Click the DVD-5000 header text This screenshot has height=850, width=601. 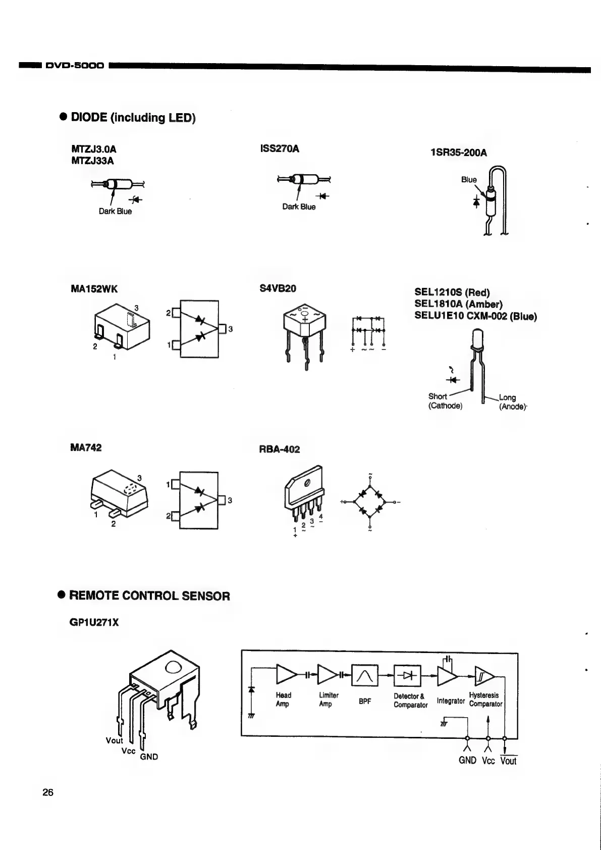74,66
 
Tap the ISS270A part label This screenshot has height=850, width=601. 279,149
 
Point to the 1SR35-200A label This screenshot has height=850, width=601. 459,153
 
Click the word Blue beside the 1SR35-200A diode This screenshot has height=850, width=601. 468,179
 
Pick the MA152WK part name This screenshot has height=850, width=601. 94,289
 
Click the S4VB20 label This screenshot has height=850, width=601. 278,288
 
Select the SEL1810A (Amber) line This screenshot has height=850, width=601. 458,304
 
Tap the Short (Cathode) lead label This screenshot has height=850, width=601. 445,401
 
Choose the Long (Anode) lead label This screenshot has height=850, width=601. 512,402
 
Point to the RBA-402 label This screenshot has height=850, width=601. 279,449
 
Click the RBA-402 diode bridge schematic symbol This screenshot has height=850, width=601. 370,502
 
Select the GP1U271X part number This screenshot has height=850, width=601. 94,622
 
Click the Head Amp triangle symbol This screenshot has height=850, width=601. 287,674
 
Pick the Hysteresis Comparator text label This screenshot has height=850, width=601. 485,699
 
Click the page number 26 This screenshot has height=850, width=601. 48,792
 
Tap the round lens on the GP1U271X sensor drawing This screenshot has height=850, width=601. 172,668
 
